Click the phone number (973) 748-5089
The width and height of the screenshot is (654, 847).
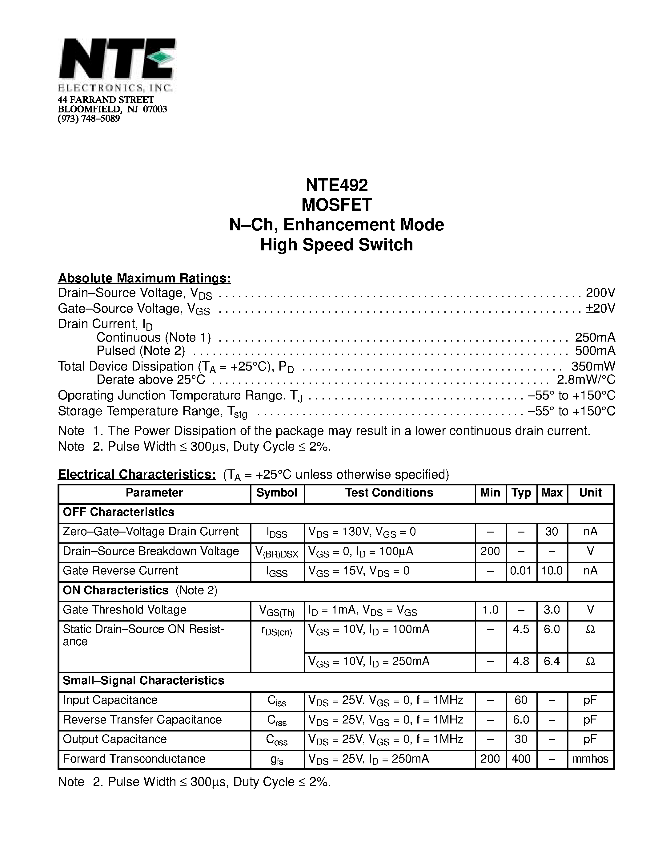point(89,119)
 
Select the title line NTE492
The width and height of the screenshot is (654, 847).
point(336,185)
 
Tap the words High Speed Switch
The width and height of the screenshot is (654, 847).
point(336,245)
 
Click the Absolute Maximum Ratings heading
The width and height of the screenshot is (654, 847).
point(144,278)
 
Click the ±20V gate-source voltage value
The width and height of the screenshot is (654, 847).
point(600,308)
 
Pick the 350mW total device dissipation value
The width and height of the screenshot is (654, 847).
point(593,366)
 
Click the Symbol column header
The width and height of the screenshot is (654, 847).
point(277,492)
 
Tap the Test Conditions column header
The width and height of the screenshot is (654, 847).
point(389,492)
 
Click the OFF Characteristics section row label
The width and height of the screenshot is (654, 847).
point(118,512)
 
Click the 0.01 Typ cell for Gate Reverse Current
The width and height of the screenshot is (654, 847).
point(521,570)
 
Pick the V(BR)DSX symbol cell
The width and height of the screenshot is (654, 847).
point(277,552)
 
